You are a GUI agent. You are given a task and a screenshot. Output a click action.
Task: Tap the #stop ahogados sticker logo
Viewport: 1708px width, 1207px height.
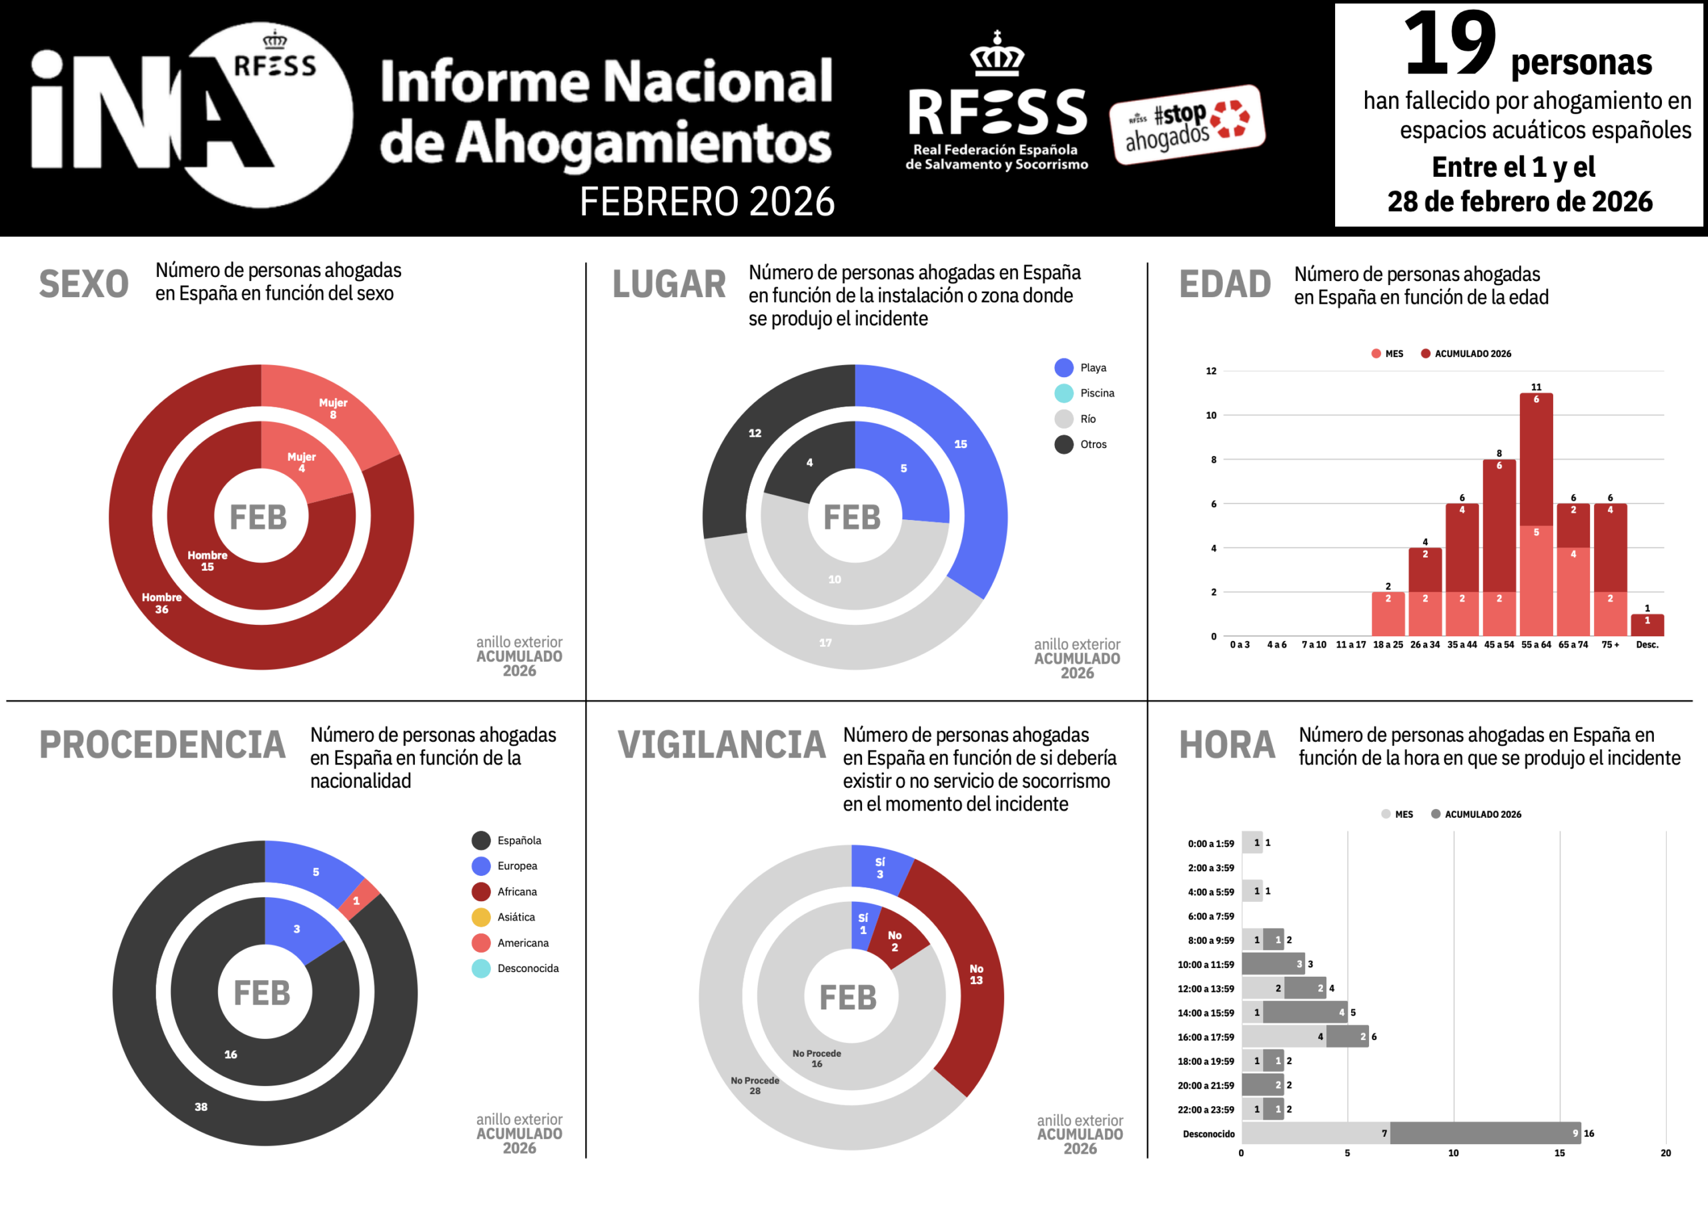(1188, 124)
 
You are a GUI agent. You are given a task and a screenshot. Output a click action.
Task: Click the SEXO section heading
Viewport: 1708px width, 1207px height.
(83, 284)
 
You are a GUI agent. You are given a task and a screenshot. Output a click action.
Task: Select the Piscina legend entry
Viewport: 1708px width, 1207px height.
(1096, 393)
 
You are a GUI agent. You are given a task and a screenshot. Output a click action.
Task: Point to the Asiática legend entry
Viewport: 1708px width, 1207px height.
(515, 917)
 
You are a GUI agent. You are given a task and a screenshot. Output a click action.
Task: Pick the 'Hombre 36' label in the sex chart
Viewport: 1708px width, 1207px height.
(161, 603)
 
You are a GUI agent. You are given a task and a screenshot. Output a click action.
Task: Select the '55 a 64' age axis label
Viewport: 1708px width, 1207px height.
(1535, 644)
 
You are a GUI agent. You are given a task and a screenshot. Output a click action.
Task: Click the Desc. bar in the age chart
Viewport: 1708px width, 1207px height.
(1647, 625)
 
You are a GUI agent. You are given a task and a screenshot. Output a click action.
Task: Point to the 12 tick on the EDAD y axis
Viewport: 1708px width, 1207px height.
(1211, 371)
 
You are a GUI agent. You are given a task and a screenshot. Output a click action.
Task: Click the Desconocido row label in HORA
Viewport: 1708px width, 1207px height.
(1208, 1134)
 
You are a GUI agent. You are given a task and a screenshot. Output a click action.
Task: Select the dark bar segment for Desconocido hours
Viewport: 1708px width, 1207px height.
(1484, 1134)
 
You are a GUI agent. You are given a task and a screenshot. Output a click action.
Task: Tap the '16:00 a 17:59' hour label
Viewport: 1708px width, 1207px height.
(1205, 1037)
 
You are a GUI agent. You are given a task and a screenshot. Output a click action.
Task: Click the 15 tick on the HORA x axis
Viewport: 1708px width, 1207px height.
(1559, 1153)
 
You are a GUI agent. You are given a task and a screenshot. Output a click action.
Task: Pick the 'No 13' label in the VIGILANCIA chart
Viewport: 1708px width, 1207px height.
(976, 974)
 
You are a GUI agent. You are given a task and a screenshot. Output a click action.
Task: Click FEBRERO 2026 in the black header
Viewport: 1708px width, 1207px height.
(707, 202)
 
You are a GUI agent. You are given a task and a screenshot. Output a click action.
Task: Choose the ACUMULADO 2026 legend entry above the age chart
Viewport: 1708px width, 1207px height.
(1471, 353)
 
